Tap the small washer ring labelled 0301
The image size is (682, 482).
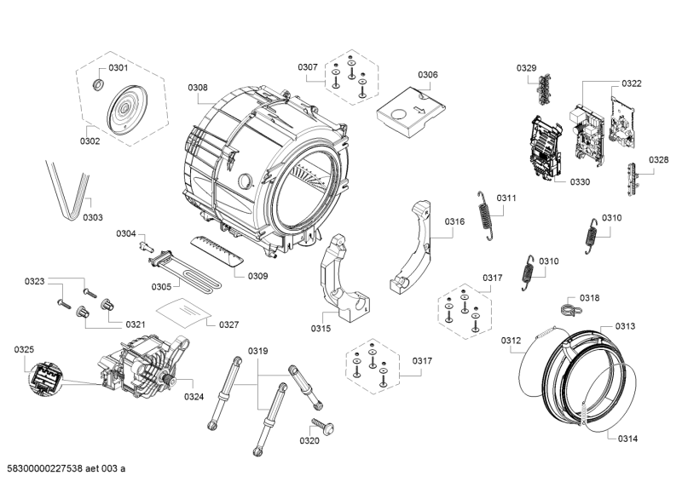point(97,83)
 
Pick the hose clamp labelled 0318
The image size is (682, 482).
point(564,307)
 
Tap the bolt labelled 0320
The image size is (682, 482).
point(323,425)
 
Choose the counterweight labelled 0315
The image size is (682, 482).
point(346,282)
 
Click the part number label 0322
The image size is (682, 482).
point(632,83)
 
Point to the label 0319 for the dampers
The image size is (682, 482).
point(258,352)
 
